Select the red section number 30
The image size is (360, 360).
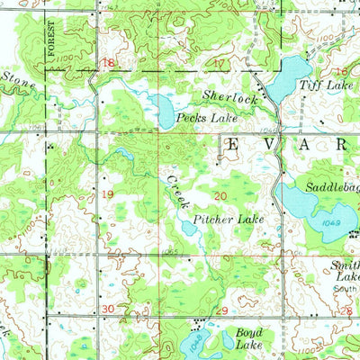(x=109, y=309)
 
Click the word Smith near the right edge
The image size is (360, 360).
(x=345, y=265)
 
